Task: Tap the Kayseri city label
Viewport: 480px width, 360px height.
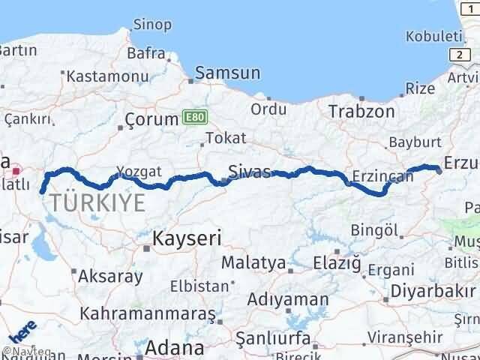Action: point(187,238)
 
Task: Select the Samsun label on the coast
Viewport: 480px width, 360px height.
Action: point(228,73)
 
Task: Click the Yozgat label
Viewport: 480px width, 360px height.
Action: point(139,172)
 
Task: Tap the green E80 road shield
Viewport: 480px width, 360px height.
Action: point(193,117)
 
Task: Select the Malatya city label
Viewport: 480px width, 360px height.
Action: point(253,263)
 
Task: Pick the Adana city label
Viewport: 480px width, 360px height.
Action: point(175,347)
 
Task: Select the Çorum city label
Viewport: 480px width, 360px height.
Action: point(150,119)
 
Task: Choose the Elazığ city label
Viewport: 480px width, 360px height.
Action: point(339,263)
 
